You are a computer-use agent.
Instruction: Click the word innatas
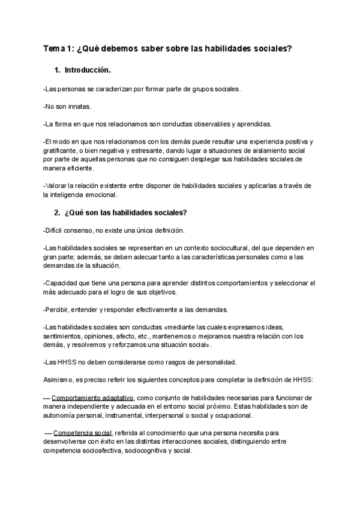click(x=79, y=106)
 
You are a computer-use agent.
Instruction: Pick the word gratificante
click(x=61, y=151)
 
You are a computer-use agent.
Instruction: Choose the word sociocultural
click(x=209, y=248)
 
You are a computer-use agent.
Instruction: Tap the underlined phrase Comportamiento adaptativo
click(x=93, y=397)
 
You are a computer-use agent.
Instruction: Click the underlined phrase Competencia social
click(x=83, y=433)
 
